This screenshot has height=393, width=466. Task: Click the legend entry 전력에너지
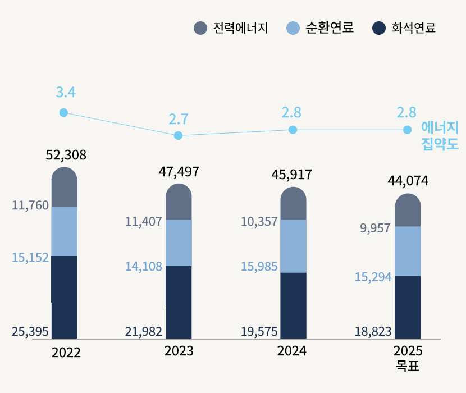tap(231, 28)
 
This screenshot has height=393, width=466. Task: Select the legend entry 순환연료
tap(320, 28)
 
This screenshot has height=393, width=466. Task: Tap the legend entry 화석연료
tap(404, 28)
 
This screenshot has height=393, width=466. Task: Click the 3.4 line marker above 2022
tap(64, 113)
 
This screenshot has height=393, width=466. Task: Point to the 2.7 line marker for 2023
tap(179, 135)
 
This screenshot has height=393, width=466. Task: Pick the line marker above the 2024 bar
tap(293, 130)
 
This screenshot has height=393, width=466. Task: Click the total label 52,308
tap(66, 156)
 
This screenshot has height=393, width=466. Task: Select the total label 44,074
tap(408, 181)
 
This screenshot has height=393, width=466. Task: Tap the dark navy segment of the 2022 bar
tap(64, 297)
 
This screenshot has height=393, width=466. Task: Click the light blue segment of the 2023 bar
tap(179, 243)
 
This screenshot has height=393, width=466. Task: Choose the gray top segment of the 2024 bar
tap(293, 204)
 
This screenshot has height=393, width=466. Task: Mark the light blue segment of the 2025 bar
tap(408, 251)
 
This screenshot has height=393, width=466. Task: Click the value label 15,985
tap(259, 267)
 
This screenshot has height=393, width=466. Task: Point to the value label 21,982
tap(144, 332)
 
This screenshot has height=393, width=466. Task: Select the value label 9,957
tap(374, 229)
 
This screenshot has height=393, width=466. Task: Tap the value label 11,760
tap(30, 206)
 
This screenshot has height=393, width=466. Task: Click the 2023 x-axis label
tap(179, 351)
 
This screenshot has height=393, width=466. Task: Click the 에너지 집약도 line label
tap(440, 136)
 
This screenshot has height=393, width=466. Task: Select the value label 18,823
tap(373, 332)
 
